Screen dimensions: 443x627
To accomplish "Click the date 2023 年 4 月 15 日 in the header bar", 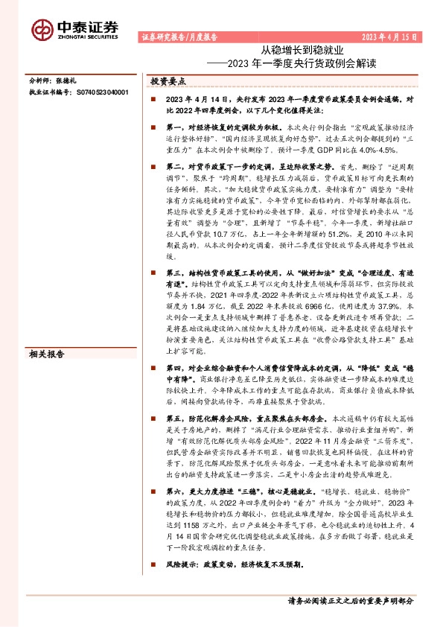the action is [x=386, y=36].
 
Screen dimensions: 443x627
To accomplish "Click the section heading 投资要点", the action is [x=168, y=80].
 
